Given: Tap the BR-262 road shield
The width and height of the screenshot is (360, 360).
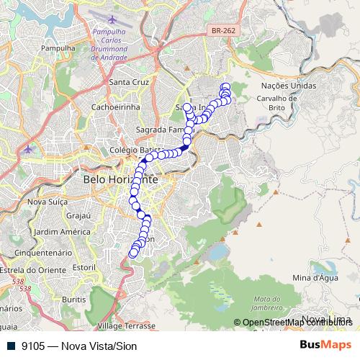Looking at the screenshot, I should [x=222, y=31].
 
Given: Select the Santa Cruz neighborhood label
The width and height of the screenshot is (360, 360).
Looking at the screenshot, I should [x=129, y=82].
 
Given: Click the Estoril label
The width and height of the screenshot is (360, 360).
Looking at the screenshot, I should [x=84, y=266].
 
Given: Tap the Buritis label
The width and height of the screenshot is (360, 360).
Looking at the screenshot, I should [x=74, y=298].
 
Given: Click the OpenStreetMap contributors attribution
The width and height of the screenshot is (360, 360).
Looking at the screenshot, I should [x=296, y=323].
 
